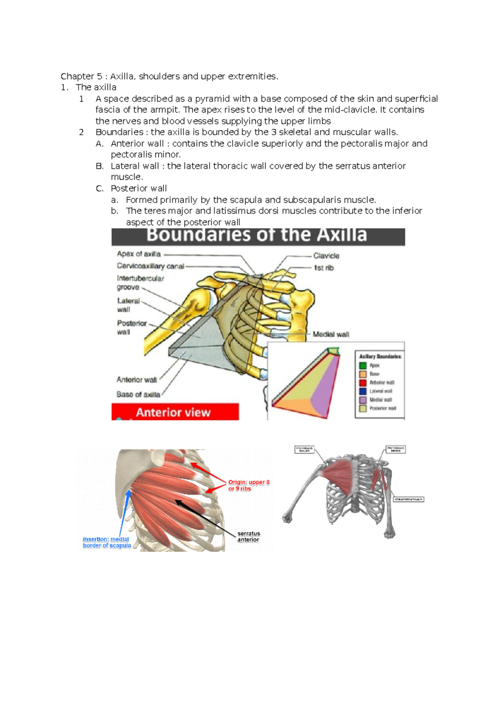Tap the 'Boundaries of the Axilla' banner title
click(x=257, y=235)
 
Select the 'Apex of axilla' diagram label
click(x=139, y=254)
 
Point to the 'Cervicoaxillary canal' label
click(x=150, y=266)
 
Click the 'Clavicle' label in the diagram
click(x=326, y=256)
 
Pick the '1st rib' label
click(x=324, y=268)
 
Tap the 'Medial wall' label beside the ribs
click(x=331, y=334)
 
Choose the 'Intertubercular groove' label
click(x=140, y=283)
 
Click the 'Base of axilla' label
click(x=138, y=394)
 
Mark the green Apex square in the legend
click(x=363, y=366)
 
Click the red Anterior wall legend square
click(x=363, y=383)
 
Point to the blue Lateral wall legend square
click(x=363, y=391)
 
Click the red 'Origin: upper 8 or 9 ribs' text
click(x=248, y=485)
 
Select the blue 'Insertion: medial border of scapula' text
click(x=107, y=542)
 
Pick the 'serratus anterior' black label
click(x=248, y=537)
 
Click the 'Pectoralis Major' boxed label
click(x=304, y=449)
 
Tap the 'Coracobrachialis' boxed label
click(x=409, y=499)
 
